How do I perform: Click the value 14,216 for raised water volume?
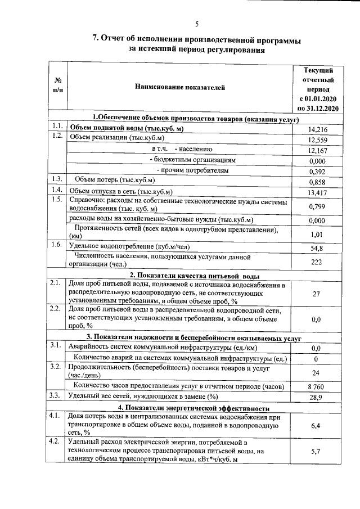coord(318,130)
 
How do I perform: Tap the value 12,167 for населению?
coord(318,151)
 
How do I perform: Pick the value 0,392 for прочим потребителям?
coord(318,172)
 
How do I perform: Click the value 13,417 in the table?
coord(318,193)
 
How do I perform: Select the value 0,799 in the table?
coord(318,206)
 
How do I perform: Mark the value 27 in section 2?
coord(316,294)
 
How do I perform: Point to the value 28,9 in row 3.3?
coord(318,397)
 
